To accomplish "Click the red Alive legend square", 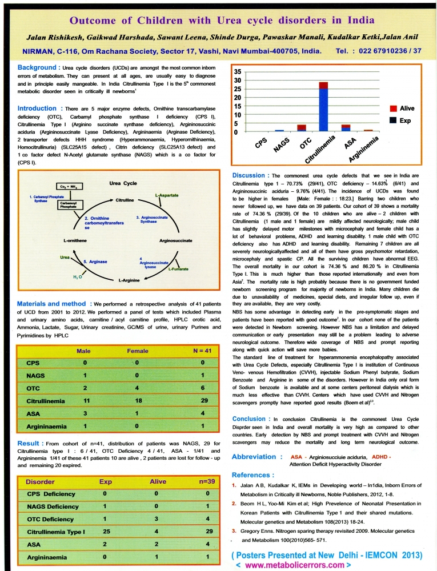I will [x=393, y=108].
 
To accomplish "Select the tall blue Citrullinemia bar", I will [x=323, y=109].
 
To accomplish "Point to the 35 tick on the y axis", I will [x=238, y=73].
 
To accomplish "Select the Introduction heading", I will [x=41, y=108].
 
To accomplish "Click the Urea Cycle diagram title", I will [x=122, y=183].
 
